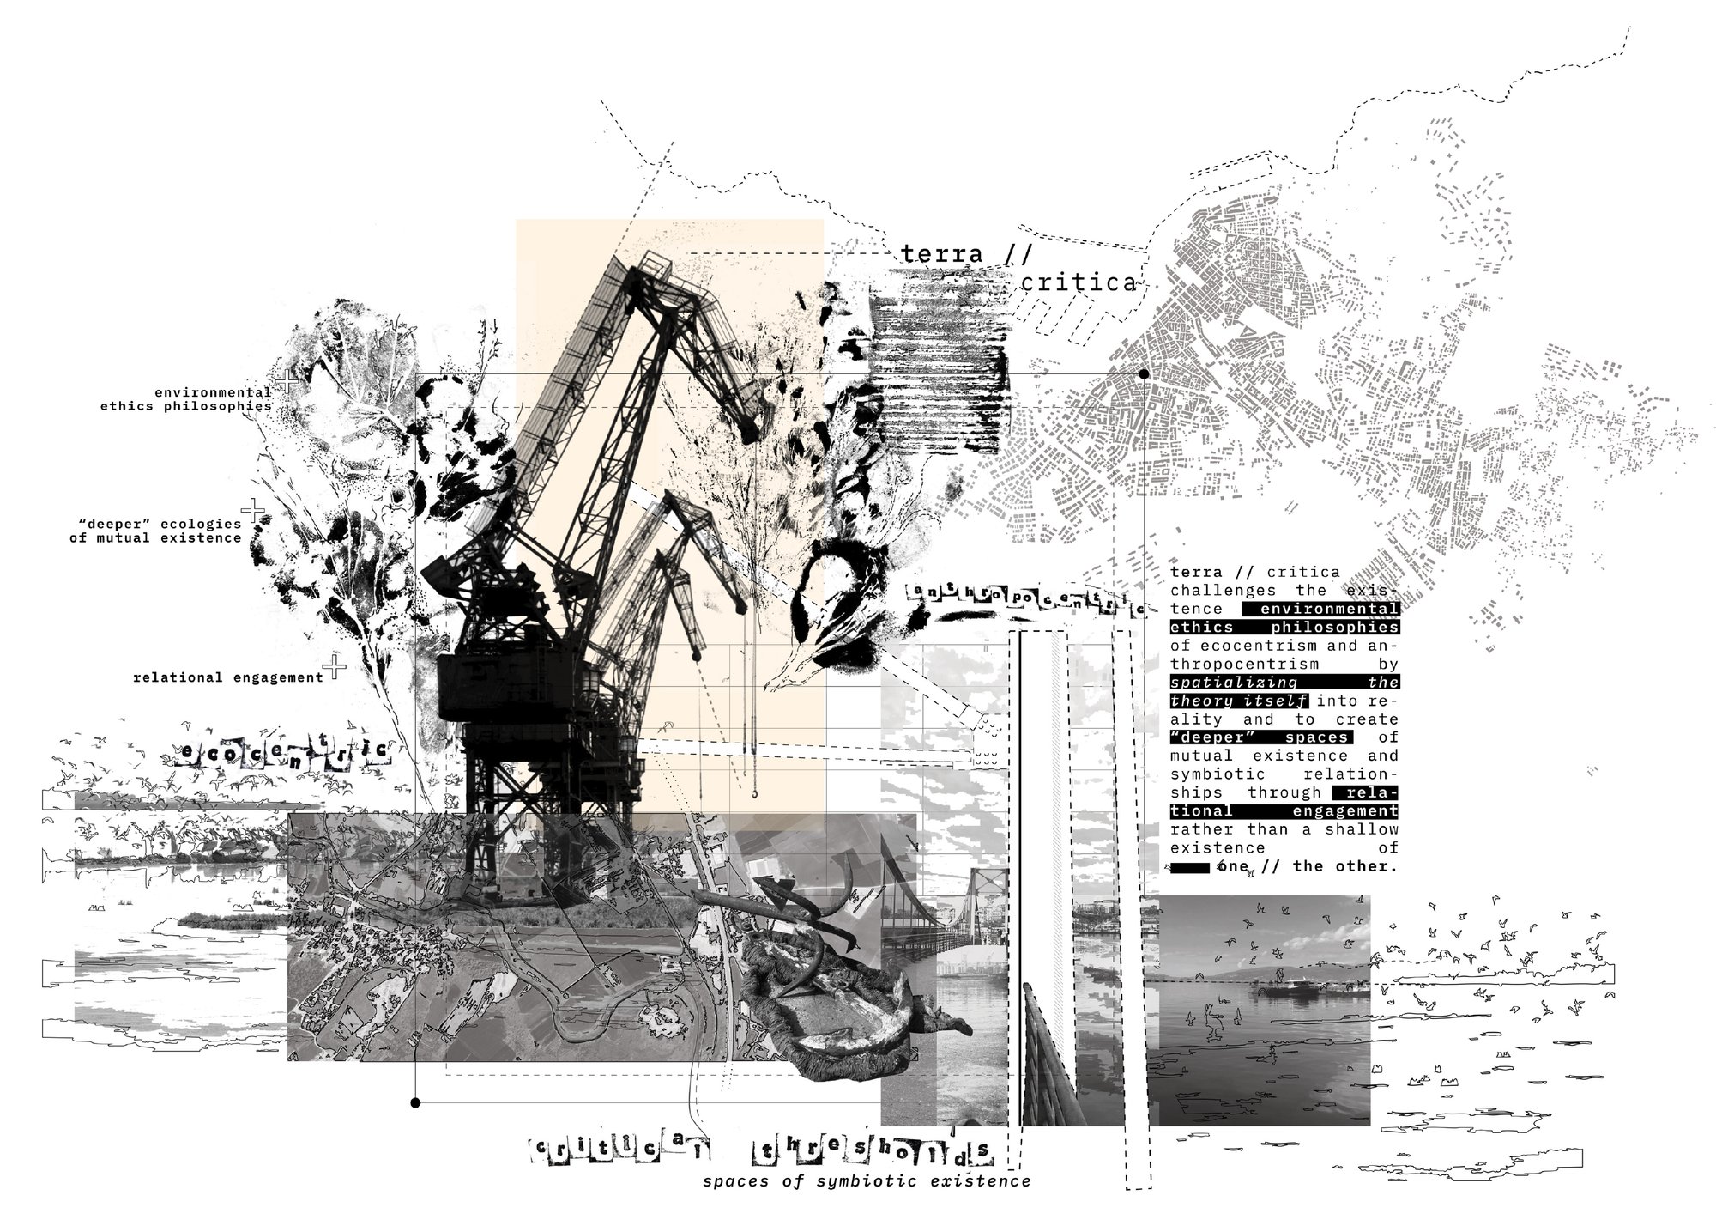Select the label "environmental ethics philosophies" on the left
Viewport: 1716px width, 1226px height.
(186, 399)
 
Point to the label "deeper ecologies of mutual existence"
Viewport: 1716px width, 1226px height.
(156, 531)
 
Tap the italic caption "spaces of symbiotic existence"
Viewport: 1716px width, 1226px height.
(867, 1181)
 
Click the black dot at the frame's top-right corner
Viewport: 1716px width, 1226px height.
(1144, 374)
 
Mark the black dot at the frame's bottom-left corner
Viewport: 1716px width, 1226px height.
(415, 1102)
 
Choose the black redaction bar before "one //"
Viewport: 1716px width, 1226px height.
(1190, 868)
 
